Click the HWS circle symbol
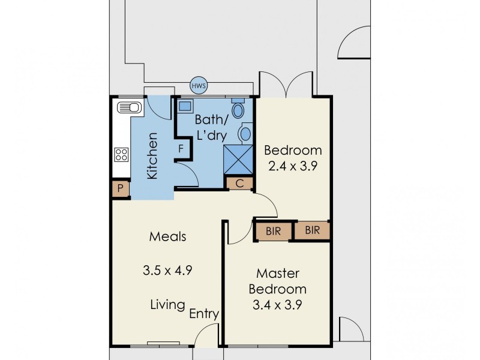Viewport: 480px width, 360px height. pyautogui.click(x=199, y=86)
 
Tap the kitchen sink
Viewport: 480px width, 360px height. pyautogui.click(x=128, y=108)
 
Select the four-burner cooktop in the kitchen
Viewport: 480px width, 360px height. pyautogui.click(x=121, y=154)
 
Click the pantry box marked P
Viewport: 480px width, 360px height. pyautogui.click(x=121, y=190)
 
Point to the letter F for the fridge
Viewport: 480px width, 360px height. pyautogui.click(x=179, y=148)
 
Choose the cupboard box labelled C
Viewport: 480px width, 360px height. pyautogui.click(x=239, y=184)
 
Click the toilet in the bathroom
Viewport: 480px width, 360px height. pyautogui.click(x=238, y=110)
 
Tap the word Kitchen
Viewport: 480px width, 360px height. pyautogui.click(x=152, y=155)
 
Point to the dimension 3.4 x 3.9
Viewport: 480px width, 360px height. pyautogui.click(x=277, y=304)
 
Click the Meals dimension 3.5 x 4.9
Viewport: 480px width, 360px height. pyautogui.click(x=167, y=270)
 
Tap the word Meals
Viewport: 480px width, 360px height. pyautogui.click(x=167, y=236)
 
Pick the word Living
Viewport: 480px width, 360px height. pyautogui.click(x=167, y=305)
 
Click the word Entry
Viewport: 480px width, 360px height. pyautogui.click(x=204, y=314)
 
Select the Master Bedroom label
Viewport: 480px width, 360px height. pyautogui.click(x=277, y=281)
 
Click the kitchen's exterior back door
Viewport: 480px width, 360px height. pyautogui.click(x=157, y=106)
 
